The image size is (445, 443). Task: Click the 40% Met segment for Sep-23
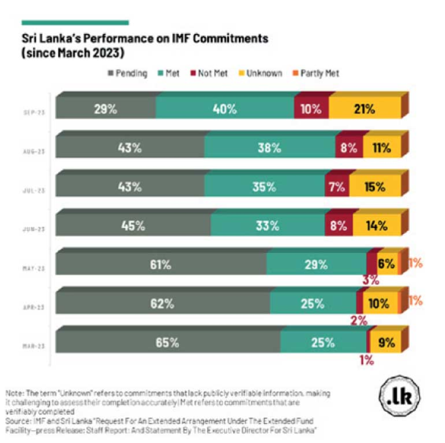tap(225, 108)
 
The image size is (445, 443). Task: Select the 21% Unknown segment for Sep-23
tap(365, 108)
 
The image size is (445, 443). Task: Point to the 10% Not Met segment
tap(311, 108)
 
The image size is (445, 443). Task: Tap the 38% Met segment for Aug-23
tap(269, 147)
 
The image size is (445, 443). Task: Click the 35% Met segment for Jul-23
tap(265, 187)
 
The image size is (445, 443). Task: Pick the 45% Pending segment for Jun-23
tap(133, 226)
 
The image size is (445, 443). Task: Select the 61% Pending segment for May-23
tap(161, 264)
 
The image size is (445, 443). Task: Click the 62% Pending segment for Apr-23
tap(162, 303)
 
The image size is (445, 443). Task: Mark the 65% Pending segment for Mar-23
tap(167, 342)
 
